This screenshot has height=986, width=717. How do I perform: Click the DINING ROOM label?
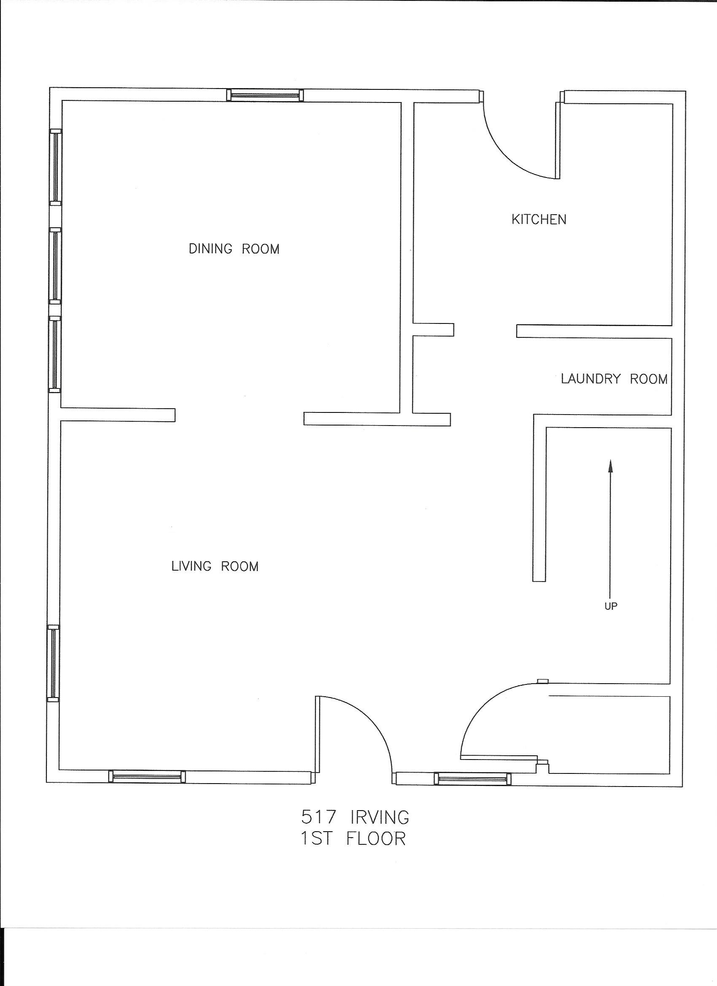tap(234, 249)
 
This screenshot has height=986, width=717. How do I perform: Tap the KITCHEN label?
tap(539, 220)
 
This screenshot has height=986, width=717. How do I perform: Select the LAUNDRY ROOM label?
tap(614, 379)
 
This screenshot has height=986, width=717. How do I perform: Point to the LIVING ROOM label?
tap(215, 566)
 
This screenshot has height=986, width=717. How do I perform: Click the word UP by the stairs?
tap(611, 606)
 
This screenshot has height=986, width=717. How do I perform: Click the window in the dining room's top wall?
tap(265, 95)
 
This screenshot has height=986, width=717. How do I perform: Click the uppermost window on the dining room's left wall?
tap(56, 167)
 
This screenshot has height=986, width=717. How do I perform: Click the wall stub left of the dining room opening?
tap(117, 415)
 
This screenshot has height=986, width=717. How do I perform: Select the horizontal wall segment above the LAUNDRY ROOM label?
tap(594, 331)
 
